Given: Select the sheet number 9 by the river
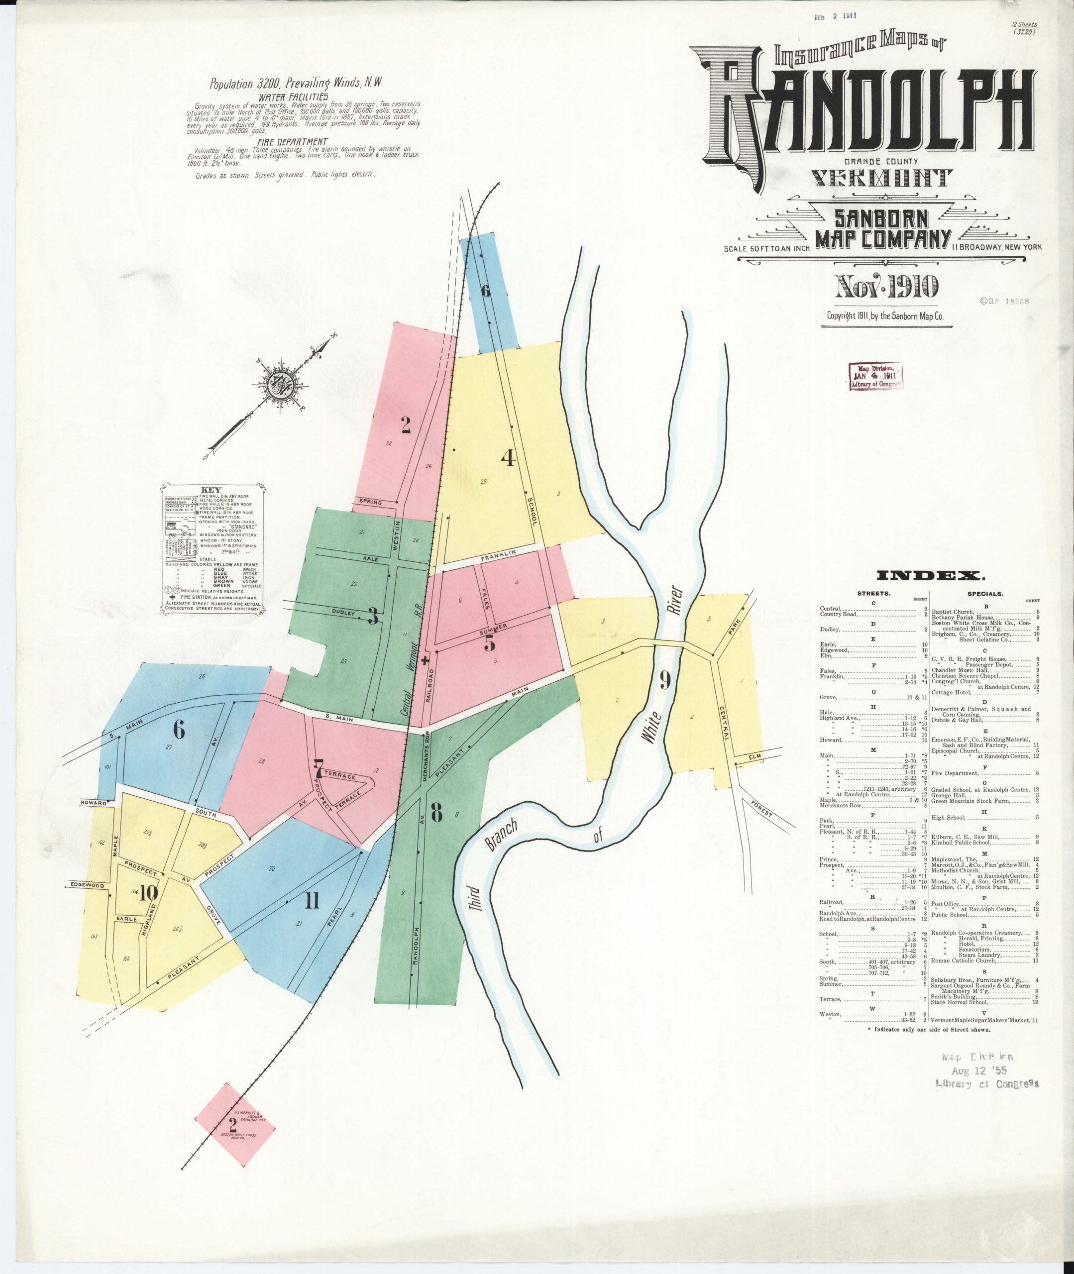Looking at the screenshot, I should [x=665, y=680].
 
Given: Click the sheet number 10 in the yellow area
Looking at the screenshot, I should [x=148, y=893].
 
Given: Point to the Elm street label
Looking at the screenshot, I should [x=755, y=756].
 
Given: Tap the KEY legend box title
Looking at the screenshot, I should [x=212, y=489].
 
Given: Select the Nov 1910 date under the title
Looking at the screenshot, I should [x=886, y=287].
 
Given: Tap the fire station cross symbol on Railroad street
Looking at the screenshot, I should [x=425, y=660].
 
